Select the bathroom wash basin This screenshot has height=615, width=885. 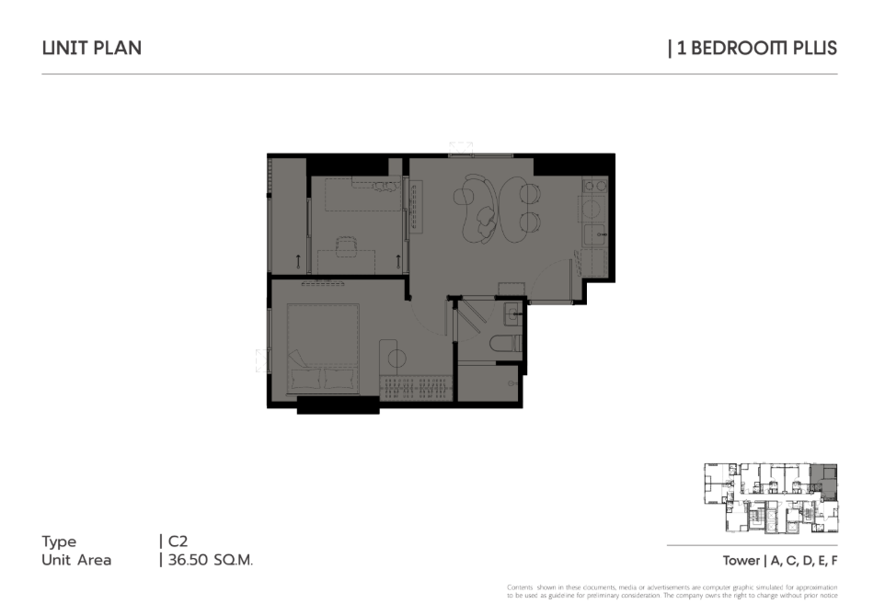click(x=512, y=313)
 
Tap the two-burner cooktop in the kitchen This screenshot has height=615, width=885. click(x=594, y=185)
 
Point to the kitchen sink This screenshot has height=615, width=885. click(x=595, y=233)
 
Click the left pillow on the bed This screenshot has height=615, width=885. click(x=305, y=379)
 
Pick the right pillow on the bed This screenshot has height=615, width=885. click(x=339, y=379)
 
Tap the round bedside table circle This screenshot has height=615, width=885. click(x=397, y=359)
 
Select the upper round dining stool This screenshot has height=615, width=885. click(x=530, y=194)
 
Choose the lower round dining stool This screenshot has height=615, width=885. click(x=530, y=222)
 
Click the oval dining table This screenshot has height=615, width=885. click(x=514, y=210)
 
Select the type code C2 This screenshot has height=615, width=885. click(x=178, y=541)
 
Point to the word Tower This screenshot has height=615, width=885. click(x=741, y=561)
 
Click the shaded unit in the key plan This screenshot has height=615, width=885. click(x=824, y=482)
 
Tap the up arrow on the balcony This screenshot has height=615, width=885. click(x=298, y=261)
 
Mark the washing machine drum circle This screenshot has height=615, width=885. click(x=591, y=209)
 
